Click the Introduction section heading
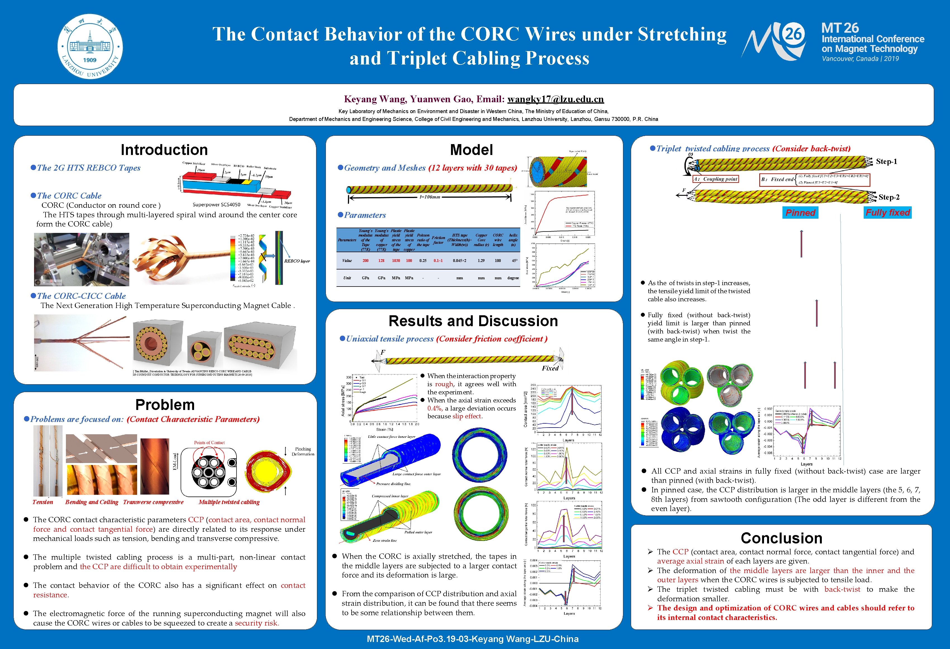[x=164, y=150]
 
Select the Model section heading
[x=471, y=150]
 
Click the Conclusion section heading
[x=781, y=538]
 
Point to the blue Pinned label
[x=800, y=213]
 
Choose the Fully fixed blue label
[x=887, y=213]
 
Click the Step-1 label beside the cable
[x=886, y=161]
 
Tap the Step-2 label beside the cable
[x=889, y=197]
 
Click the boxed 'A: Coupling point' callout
[x=715, y=179]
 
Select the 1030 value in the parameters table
[x=396, y=260]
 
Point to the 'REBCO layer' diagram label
[x=297, y=261]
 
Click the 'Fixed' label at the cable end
[x=550, y=368]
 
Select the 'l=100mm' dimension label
[x=430, y=197]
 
